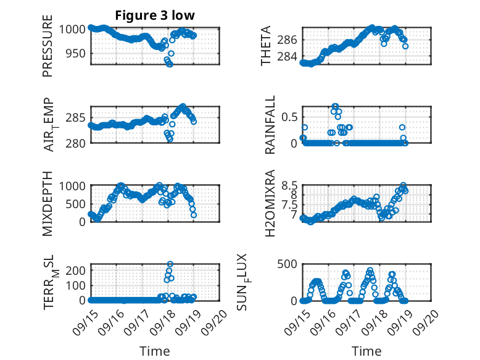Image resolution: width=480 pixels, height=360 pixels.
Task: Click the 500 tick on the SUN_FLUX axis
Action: click(x=289, y=264)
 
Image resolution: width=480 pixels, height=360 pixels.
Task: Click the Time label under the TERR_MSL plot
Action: click(x=155, y=351)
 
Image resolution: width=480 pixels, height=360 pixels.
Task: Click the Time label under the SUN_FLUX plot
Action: click(x=366, y=351)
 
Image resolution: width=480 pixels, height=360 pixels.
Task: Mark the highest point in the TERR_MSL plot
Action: click(x=170, y=264)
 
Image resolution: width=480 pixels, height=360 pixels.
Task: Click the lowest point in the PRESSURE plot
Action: click(x=170, y=64)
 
